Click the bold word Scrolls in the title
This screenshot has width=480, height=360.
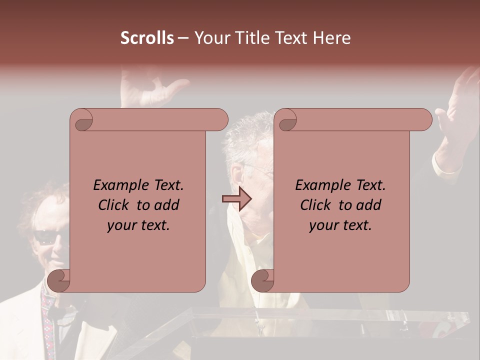point(147,38)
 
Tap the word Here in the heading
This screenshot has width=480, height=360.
point(332,38)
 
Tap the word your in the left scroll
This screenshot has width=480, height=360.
point(122,225)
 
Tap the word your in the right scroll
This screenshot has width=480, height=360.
point(324,225)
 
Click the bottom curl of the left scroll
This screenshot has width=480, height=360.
point(59,280)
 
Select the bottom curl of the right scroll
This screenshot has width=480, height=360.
point(262,280)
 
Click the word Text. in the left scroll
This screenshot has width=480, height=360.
point(166,185)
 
